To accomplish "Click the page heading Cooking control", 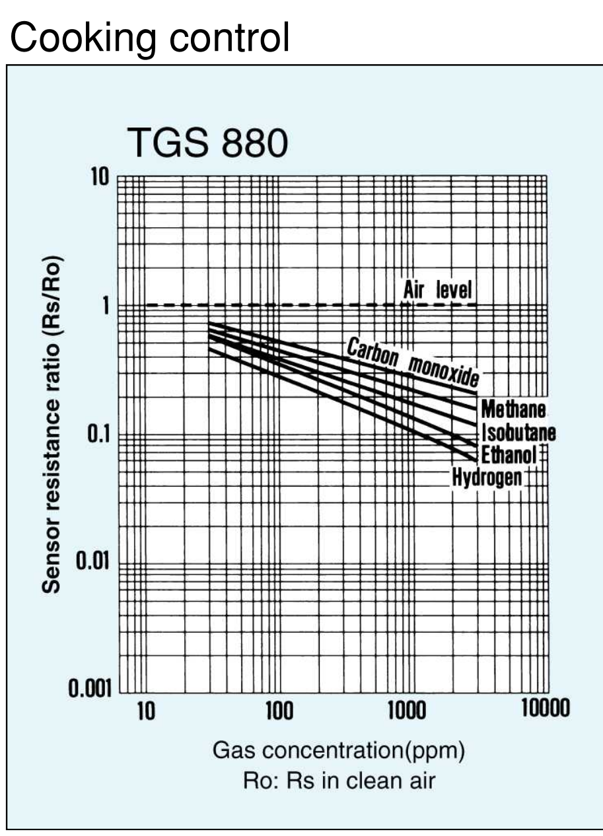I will coord(150,39).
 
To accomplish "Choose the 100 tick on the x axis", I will coord(279,711).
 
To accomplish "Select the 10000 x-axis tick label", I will coord(545,710).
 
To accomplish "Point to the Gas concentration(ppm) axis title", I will coord(339,751).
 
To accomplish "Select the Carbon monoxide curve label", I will coord(412,363).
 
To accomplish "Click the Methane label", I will coord(514,409).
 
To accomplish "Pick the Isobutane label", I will coord(518,433).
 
